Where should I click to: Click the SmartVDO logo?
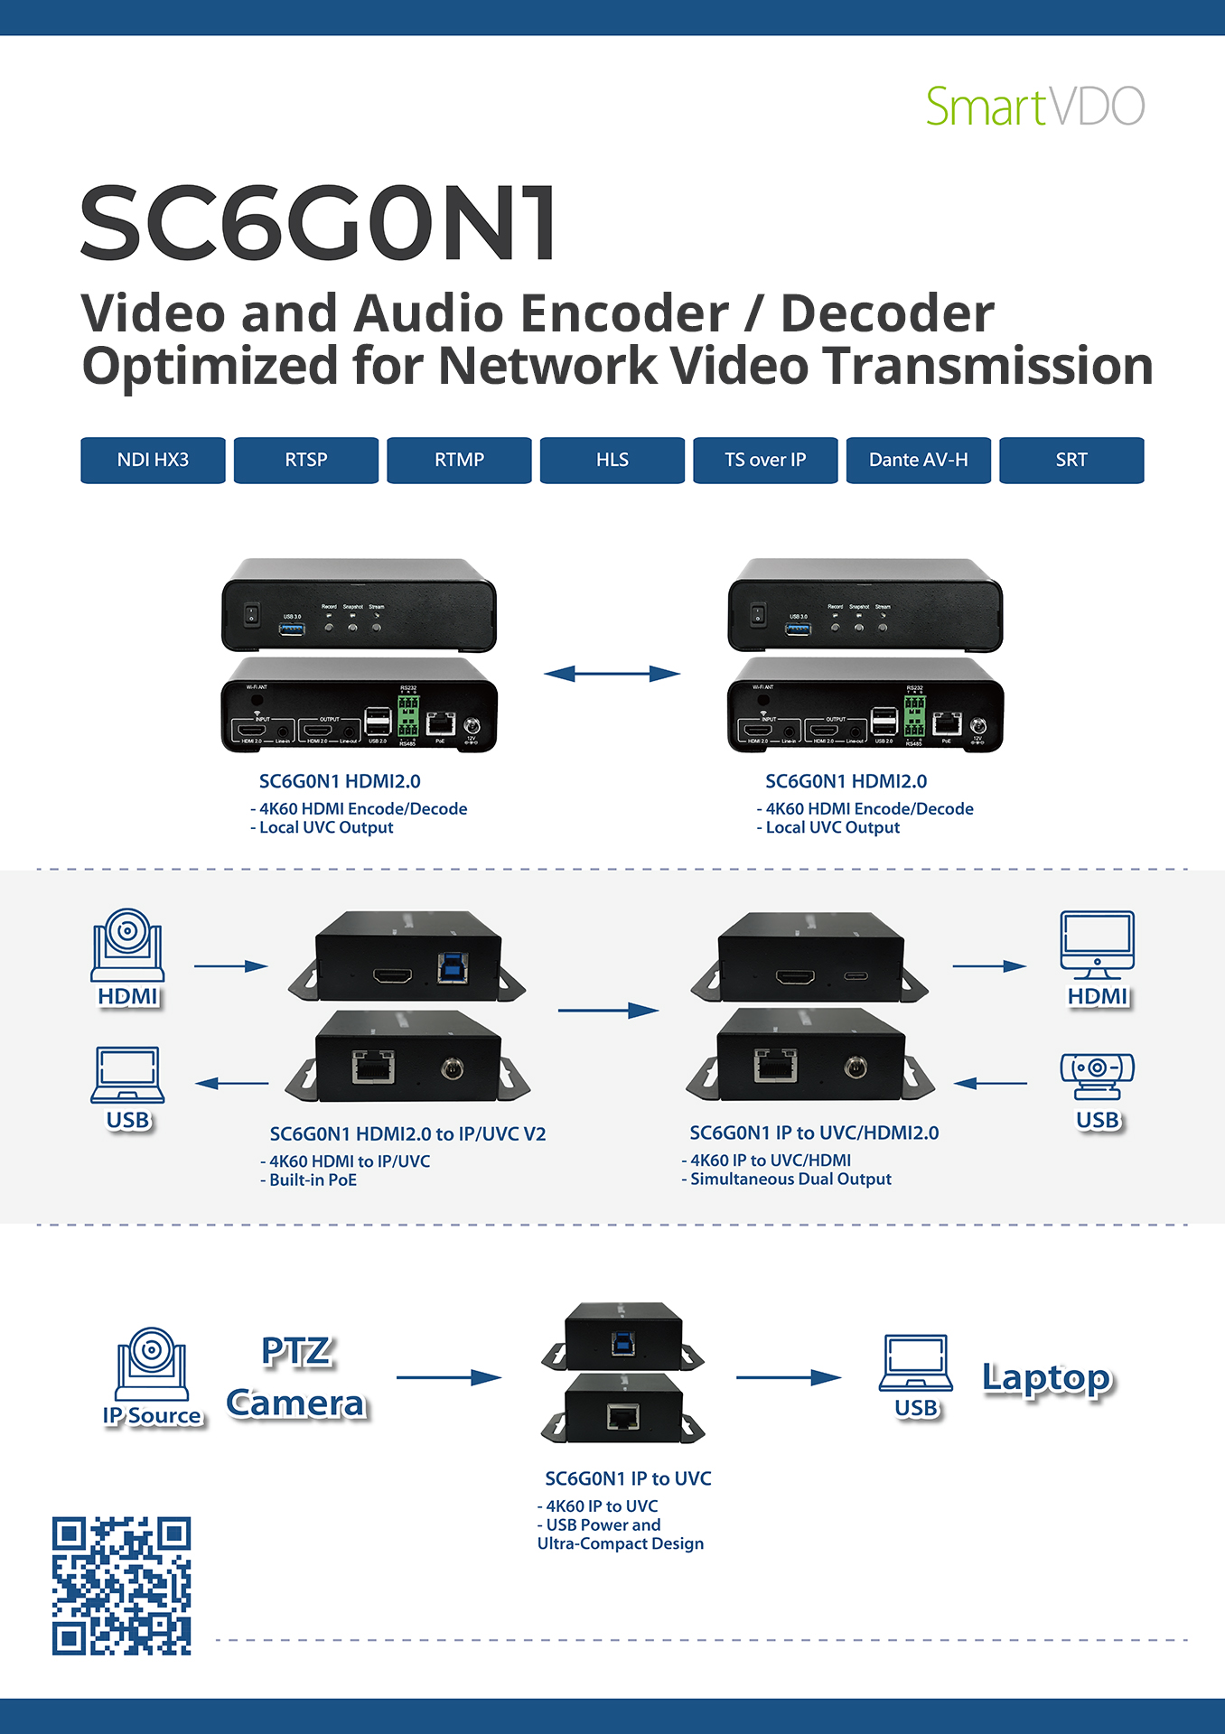click(x=1035, y=107)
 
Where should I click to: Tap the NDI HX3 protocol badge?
click(x=153, y=460)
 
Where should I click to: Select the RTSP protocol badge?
click(x=306, y=460)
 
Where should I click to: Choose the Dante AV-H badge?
click(x=918, y=460)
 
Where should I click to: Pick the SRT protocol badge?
click(x=1071, y=460)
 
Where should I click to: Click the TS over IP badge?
click(x=765, y=460)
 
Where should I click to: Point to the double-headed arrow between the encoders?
click(x=612, y=673)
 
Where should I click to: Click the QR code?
click(x=122, y=1585)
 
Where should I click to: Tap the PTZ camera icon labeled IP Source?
click(x=152, y=1363)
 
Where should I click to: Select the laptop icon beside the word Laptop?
click(x=916, y=1363)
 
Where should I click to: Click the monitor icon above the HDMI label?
click(x=1097, y=945)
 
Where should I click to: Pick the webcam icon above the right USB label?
click(x=1097, y=1076)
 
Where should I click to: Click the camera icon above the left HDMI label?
click(x=127, y=945)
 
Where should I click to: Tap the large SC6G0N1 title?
click(x=319, y=223)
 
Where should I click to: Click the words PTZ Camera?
click(x=296, y=1377)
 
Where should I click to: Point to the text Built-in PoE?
click(x=313, y=1180)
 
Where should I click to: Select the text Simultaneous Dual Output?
click(x=790, y=1179)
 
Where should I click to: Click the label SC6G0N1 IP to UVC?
click(x=628, y=1478)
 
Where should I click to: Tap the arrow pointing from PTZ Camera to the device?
click(x=449, y=1377)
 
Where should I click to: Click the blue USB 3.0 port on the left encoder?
click(x=292, y=628)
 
